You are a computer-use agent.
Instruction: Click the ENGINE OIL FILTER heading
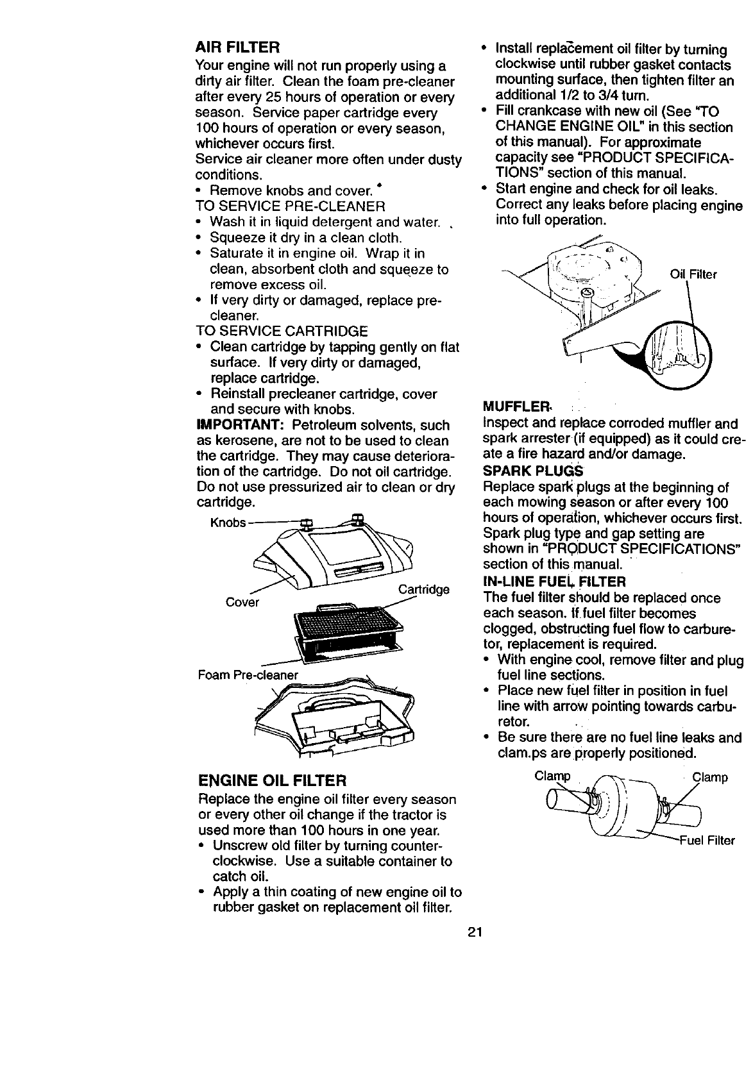pyautogui.click(x=273, y=781)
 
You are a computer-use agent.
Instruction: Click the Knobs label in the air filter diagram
pyautogui.click(x=228, y=523)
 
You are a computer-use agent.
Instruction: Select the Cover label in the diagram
pyautogui.click(x=243, y=602)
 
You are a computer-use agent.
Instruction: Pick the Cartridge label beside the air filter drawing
pyautogui.click(x=423, y=589)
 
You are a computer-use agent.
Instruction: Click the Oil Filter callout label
pyautogui.click(x=693, y=275)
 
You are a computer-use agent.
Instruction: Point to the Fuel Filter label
pyautogui.click(x=707, y=840)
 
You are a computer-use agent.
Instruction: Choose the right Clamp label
pyautogui.click(x=709, y=778)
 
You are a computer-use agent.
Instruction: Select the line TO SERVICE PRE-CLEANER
pyautogui.click(x=290, y=206)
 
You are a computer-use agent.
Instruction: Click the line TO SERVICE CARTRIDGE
pyautogui.click(x=282, y=331)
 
